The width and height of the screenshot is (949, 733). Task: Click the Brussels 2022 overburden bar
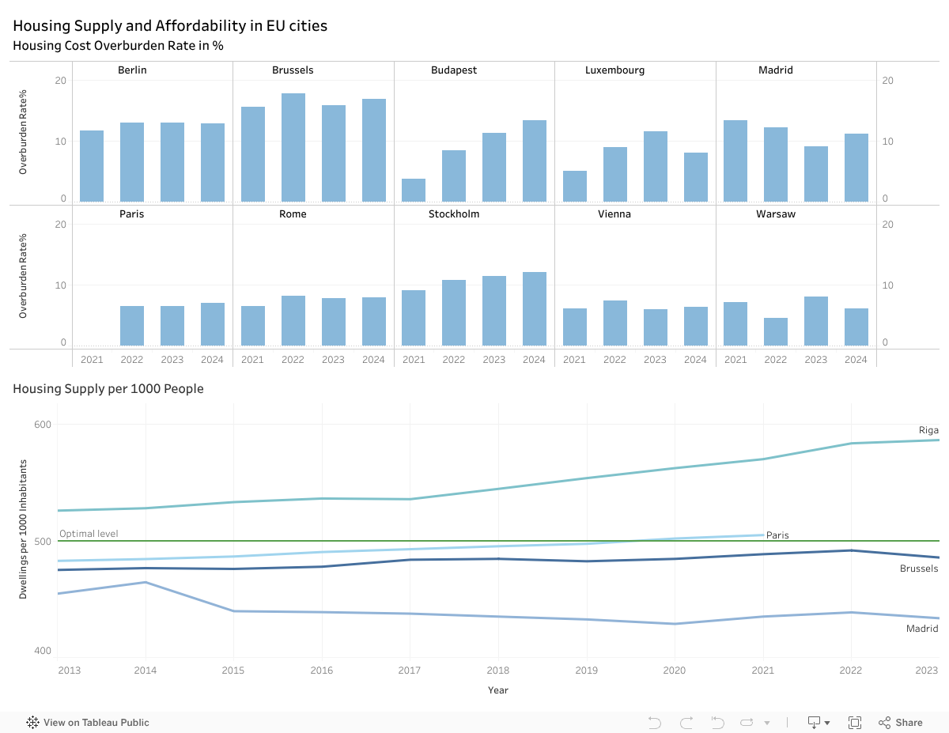293,148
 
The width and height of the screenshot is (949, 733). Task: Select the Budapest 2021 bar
414,190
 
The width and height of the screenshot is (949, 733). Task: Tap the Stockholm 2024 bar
535,309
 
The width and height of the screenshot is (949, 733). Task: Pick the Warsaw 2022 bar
776,332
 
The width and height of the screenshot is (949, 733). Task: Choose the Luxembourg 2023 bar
655,167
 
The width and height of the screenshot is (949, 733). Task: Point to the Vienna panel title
614,214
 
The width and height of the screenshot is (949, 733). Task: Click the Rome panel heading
293,214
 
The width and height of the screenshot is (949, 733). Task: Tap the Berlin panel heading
132,70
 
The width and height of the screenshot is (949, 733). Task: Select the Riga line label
928,430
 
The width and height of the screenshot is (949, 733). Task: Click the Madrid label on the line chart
922,629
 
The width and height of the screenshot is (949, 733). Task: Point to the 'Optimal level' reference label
89,534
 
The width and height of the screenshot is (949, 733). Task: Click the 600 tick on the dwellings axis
42,425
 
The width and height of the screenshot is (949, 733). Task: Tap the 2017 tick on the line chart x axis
409,671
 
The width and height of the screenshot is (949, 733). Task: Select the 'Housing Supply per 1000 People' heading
108,389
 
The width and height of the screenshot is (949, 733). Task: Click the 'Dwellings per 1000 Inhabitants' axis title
23,529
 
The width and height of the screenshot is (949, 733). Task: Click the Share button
901,723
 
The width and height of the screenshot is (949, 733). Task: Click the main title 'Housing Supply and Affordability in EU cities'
170,26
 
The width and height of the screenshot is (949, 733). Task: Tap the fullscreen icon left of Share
855,723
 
